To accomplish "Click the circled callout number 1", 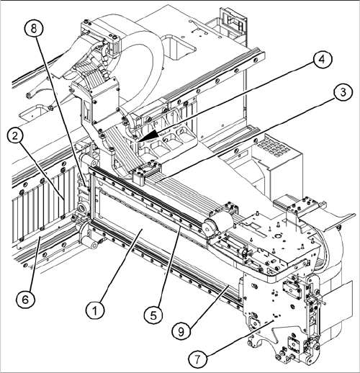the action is pos(95,310).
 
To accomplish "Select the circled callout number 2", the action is pos(15,137).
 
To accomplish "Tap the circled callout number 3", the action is pos(343,93).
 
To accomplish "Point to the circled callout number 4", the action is pos(323,60).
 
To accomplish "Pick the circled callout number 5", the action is pos(153,315).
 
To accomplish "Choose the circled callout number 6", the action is pos(25,300).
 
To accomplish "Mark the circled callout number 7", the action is pos(197,359).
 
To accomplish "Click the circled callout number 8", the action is pos(34,29).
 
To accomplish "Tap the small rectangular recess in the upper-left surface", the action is pos(32,113).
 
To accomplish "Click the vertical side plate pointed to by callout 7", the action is pos(276,319).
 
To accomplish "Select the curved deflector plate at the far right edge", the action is pos(336,222).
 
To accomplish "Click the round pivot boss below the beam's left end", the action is pos(89,239).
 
